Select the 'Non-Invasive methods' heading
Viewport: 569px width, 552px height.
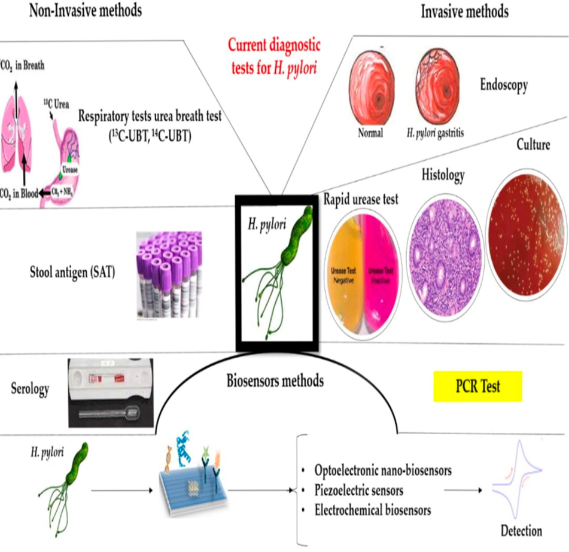click(86, 11)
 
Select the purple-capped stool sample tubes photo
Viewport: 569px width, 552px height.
click(168, 273)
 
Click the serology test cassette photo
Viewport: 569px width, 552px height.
click(111, 391)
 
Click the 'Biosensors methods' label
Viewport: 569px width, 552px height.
click(275, 380)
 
